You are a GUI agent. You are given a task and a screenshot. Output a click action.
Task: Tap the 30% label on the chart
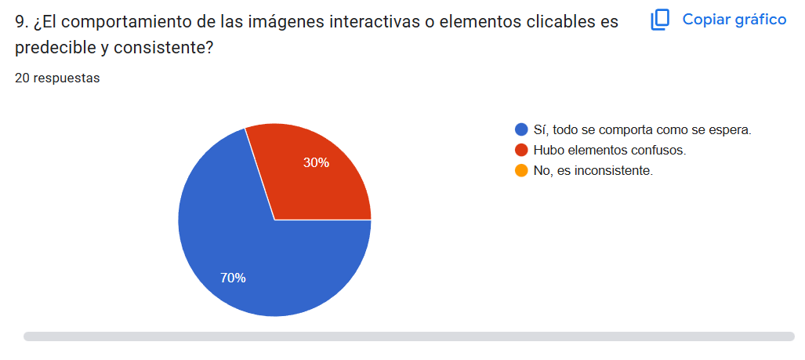tap(316, 163)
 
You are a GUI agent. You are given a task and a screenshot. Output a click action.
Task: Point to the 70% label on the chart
tap(233, 278)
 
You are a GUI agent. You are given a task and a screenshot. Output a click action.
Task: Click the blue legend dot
tap(521, 130)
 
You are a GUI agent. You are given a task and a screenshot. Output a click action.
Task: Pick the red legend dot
tap(521, 150)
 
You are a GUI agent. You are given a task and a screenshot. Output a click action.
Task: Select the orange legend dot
tap(521, 170)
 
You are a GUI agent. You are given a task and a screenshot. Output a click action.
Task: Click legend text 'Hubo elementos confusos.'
tap(609, 150)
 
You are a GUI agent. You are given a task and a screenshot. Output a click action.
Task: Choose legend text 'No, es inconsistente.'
tap(593, 170)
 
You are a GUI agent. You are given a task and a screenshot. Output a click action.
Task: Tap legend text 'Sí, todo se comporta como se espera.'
tap(642, 130)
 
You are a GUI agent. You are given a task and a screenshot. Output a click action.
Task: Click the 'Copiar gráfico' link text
tap(734, 20)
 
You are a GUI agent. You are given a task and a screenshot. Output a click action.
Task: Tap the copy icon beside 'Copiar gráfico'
tap(660, 20)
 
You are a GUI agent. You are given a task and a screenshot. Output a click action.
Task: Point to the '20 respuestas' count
tap(57, 78)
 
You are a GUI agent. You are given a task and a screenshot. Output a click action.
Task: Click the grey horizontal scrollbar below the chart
tap(408, 336)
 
